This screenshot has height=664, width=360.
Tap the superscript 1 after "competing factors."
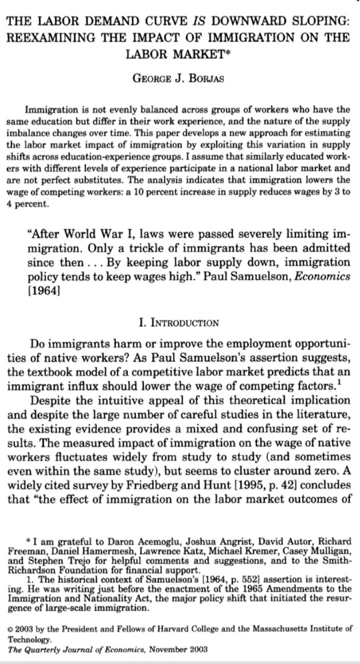301,382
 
